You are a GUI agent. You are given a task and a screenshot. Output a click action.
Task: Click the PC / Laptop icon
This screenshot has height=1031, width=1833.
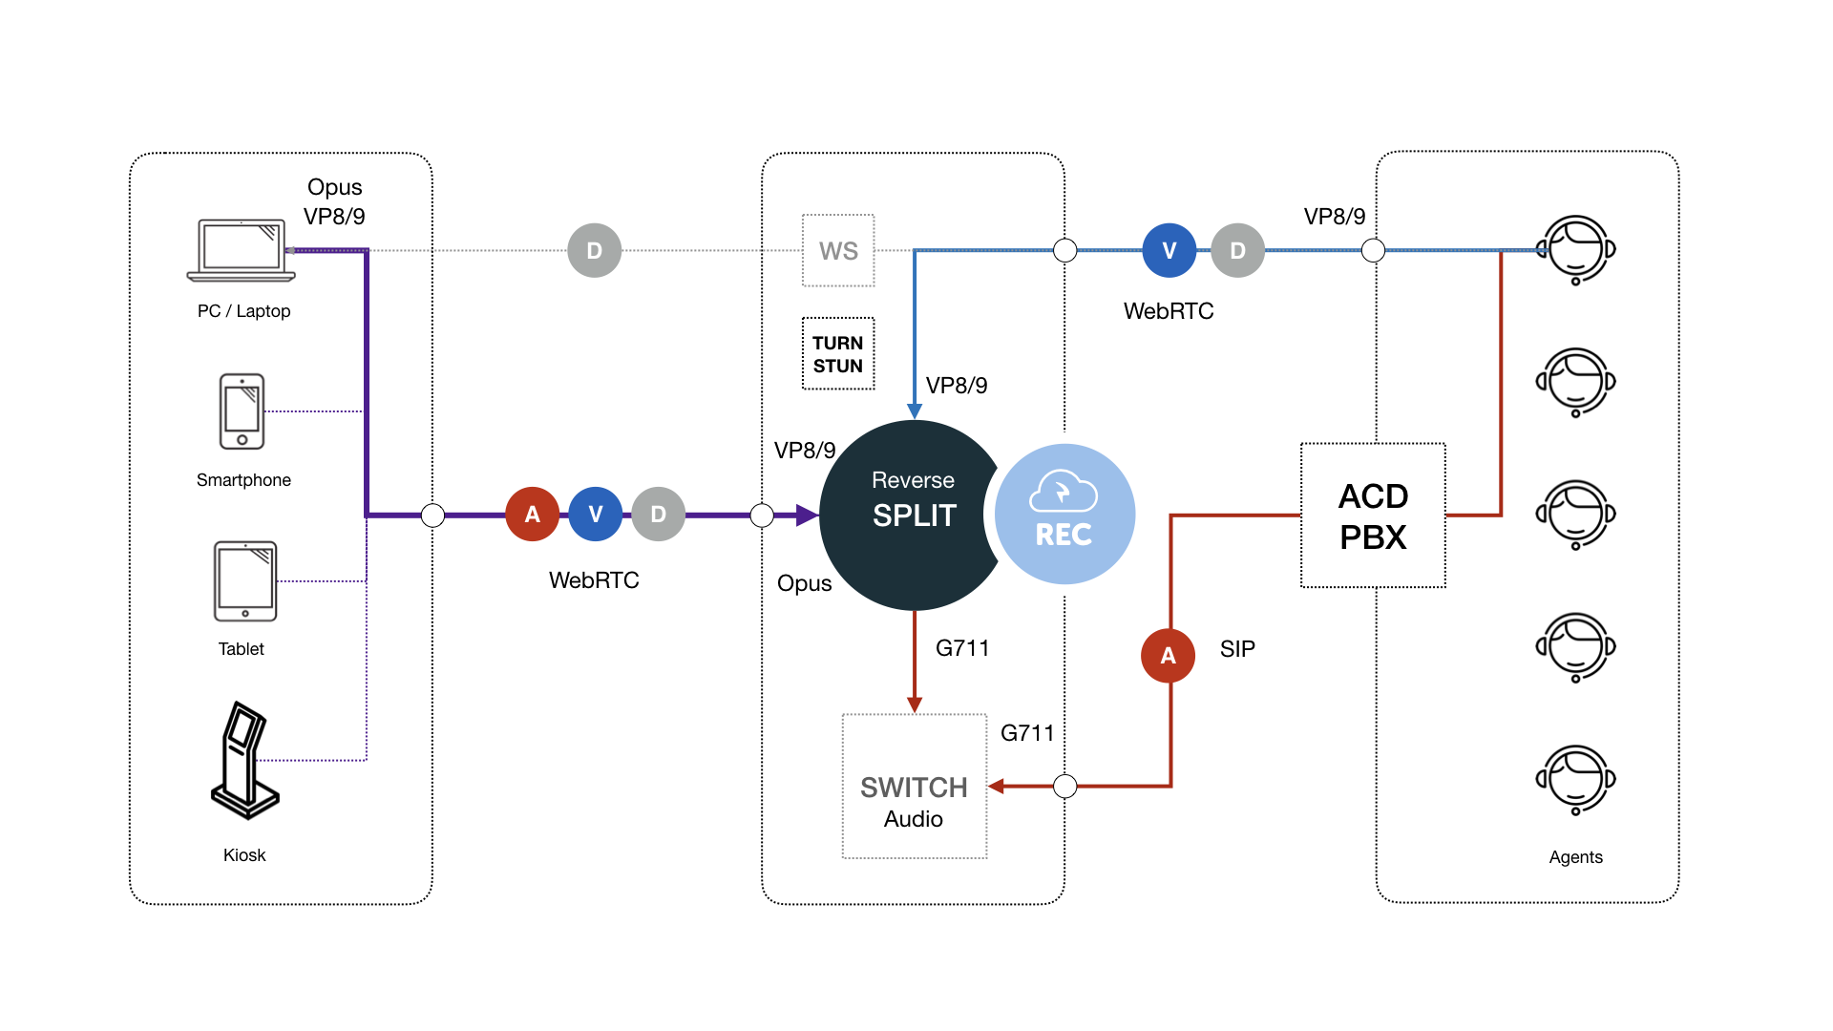coord(242,250)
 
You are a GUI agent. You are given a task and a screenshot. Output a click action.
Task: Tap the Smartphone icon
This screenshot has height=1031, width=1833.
coord(242,411)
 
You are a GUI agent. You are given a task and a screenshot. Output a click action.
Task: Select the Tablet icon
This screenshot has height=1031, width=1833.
coord(245,580)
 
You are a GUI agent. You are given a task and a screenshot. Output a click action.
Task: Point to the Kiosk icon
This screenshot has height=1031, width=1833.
coord(244,761)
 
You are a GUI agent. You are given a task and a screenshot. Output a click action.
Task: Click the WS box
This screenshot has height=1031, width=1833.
coord(838,251)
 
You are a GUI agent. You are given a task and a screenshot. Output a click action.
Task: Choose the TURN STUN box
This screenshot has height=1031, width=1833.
coord(838,354)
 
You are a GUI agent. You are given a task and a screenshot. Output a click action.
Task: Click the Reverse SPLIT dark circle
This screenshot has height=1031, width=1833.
coord(907,515)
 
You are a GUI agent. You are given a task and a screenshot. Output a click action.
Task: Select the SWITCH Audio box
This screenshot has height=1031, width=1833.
coord(914,787)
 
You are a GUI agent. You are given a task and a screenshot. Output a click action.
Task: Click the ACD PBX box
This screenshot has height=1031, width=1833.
coord(1373,515)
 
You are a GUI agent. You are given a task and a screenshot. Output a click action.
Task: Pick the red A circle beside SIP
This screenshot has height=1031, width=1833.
coord(1169,656)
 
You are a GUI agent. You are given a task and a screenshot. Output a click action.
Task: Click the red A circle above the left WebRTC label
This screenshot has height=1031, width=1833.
coord(533,515)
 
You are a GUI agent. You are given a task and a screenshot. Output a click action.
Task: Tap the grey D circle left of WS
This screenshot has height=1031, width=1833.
coord(595,251)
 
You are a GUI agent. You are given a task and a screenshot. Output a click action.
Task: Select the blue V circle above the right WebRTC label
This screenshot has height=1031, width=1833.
coord(1169,251)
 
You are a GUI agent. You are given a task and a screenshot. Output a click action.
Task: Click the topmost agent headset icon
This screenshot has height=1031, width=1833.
coord(1576,250)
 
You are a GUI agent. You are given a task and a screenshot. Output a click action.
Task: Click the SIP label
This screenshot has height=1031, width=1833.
coord(1237,649)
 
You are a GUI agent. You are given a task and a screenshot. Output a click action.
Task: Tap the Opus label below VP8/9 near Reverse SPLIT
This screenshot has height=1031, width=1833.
coord(804,583)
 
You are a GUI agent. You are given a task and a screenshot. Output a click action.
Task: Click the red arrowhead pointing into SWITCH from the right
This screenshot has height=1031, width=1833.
coord(997,787)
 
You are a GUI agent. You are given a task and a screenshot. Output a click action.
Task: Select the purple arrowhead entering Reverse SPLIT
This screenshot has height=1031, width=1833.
coord(807,515)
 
